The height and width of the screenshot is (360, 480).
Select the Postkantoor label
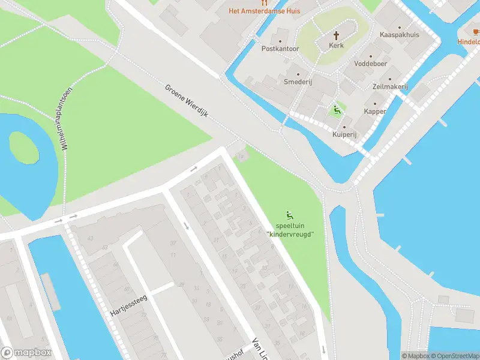coord(280,48)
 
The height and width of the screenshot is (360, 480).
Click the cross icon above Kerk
coord(337,35)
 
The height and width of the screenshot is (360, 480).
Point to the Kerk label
coord(337,46)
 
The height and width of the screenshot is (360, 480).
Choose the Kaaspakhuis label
coord(400,35)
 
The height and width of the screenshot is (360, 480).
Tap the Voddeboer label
coord(371,64)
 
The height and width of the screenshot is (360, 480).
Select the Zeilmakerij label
coord(390,87)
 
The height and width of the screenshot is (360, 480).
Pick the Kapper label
coord(375,112)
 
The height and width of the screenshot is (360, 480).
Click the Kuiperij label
coord(344,134)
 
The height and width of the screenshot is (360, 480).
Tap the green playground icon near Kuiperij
coord(337,110)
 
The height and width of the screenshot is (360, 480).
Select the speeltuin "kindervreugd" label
coord(290,229)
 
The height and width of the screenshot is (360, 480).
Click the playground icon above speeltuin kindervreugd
coord(290,215)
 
